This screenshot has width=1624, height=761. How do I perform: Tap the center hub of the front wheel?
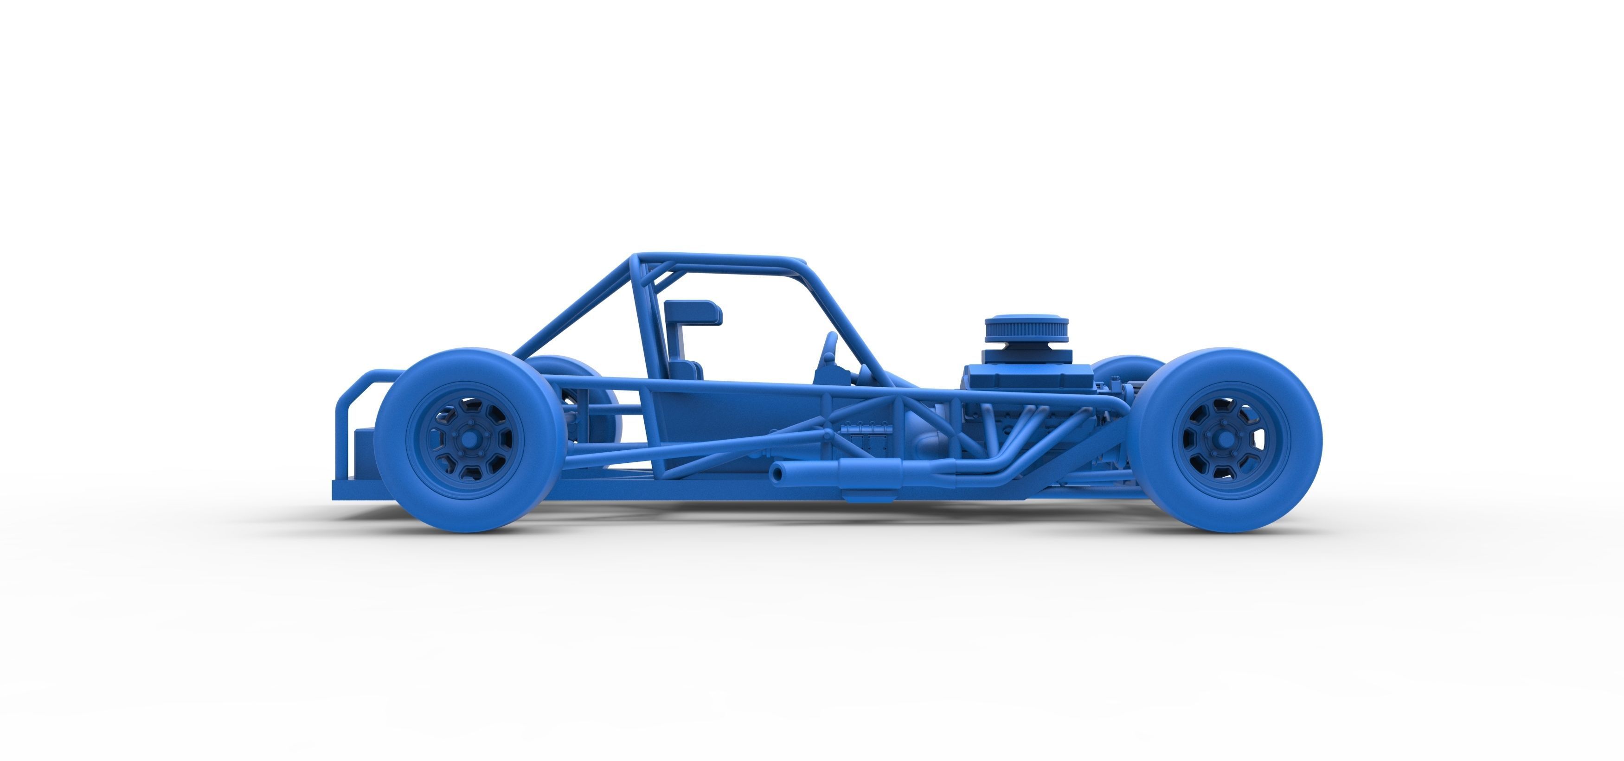coord(1223,440)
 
